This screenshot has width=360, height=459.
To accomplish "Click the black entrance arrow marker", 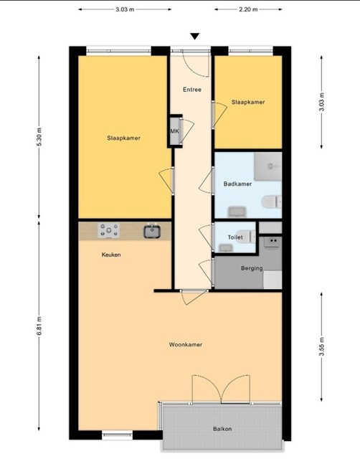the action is (x=194, y=36).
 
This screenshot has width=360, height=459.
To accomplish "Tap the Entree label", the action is (x=192, y=90).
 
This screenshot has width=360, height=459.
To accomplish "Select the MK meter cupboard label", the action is (x=174, y=131).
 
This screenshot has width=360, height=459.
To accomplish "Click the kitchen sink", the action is (x=152, y=231).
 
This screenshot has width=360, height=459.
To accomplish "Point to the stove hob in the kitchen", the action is (x=108, y=230).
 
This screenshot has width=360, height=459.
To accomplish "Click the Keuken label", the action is (x=111, y=255).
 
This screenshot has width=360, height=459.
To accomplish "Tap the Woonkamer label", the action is (x=186, y=344).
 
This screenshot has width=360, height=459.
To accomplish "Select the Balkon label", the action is (x=222, y=429).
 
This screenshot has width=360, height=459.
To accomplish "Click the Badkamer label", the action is (x=237, y=184).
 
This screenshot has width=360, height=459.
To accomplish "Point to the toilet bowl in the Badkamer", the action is (x=271, y=202).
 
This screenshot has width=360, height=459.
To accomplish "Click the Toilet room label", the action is (x=235, y=237).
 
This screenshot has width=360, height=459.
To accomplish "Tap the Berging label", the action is (x=252, y=268).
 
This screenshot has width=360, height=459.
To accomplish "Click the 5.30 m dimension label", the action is (x=39, y=137).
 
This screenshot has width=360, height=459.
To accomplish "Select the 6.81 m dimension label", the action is (x=39, y=326).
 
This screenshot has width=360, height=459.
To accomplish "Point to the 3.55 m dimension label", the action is (x=322, y=346).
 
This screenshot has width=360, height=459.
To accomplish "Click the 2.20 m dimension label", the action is (x=248, y=9).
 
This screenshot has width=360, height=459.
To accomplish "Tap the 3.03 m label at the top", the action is (x=125, y=9).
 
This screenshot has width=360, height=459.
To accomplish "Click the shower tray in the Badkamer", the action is (x=267, y=166).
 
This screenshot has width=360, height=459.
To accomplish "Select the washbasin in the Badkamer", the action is (x=237, y=212).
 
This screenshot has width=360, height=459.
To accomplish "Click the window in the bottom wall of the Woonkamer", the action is (x=117, y=435).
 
